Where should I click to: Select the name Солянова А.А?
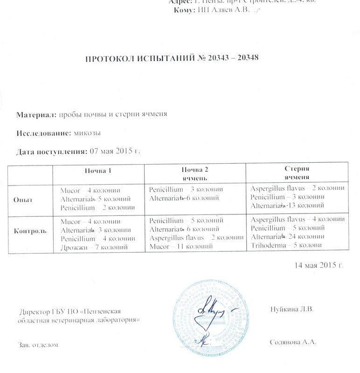293,342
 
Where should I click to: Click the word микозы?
88,133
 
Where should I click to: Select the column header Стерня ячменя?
298,173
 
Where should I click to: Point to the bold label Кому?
183,10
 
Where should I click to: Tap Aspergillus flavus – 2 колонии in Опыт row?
297,188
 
